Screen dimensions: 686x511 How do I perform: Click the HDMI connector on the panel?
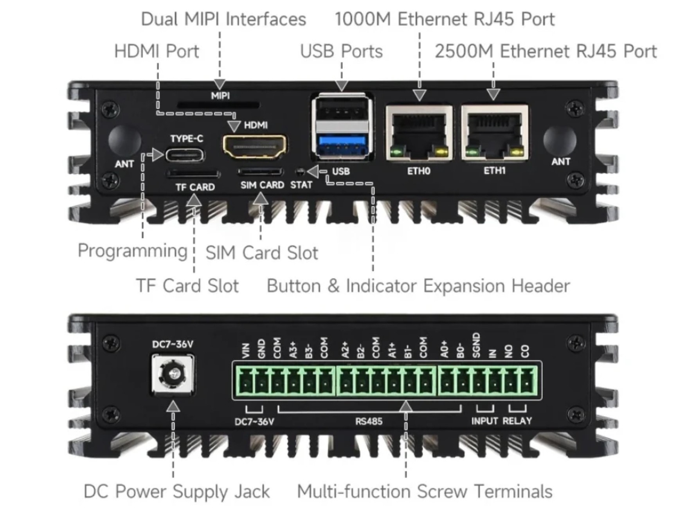pos(255,146)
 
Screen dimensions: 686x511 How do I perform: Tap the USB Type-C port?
pos(185,155)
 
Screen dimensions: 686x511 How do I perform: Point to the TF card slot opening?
pos(193,173)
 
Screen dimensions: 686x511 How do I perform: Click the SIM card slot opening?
pos(260,172)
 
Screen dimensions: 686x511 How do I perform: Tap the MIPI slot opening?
pos(218,105)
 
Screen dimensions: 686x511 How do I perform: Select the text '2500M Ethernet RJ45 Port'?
pos(546,51)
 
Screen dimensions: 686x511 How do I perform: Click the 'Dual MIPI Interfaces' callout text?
pos(223,19)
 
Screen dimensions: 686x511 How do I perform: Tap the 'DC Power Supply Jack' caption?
pos(177,491)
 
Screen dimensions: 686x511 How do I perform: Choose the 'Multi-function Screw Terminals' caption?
pos(425,491)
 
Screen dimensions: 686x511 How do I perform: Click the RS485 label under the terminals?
pos(369,421)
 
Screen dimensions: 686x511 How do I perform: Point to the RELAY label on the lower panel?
pos(517,421)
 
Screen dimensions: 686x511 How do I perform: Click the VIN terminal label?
pos(246,350)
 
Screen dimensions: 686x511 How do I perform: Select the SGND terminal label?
pos(476,345)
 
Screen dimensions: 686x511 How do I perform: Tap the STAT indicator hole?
pos(301,172)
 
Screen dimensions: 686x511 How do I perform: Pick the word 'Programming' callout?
pos(133,251)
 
